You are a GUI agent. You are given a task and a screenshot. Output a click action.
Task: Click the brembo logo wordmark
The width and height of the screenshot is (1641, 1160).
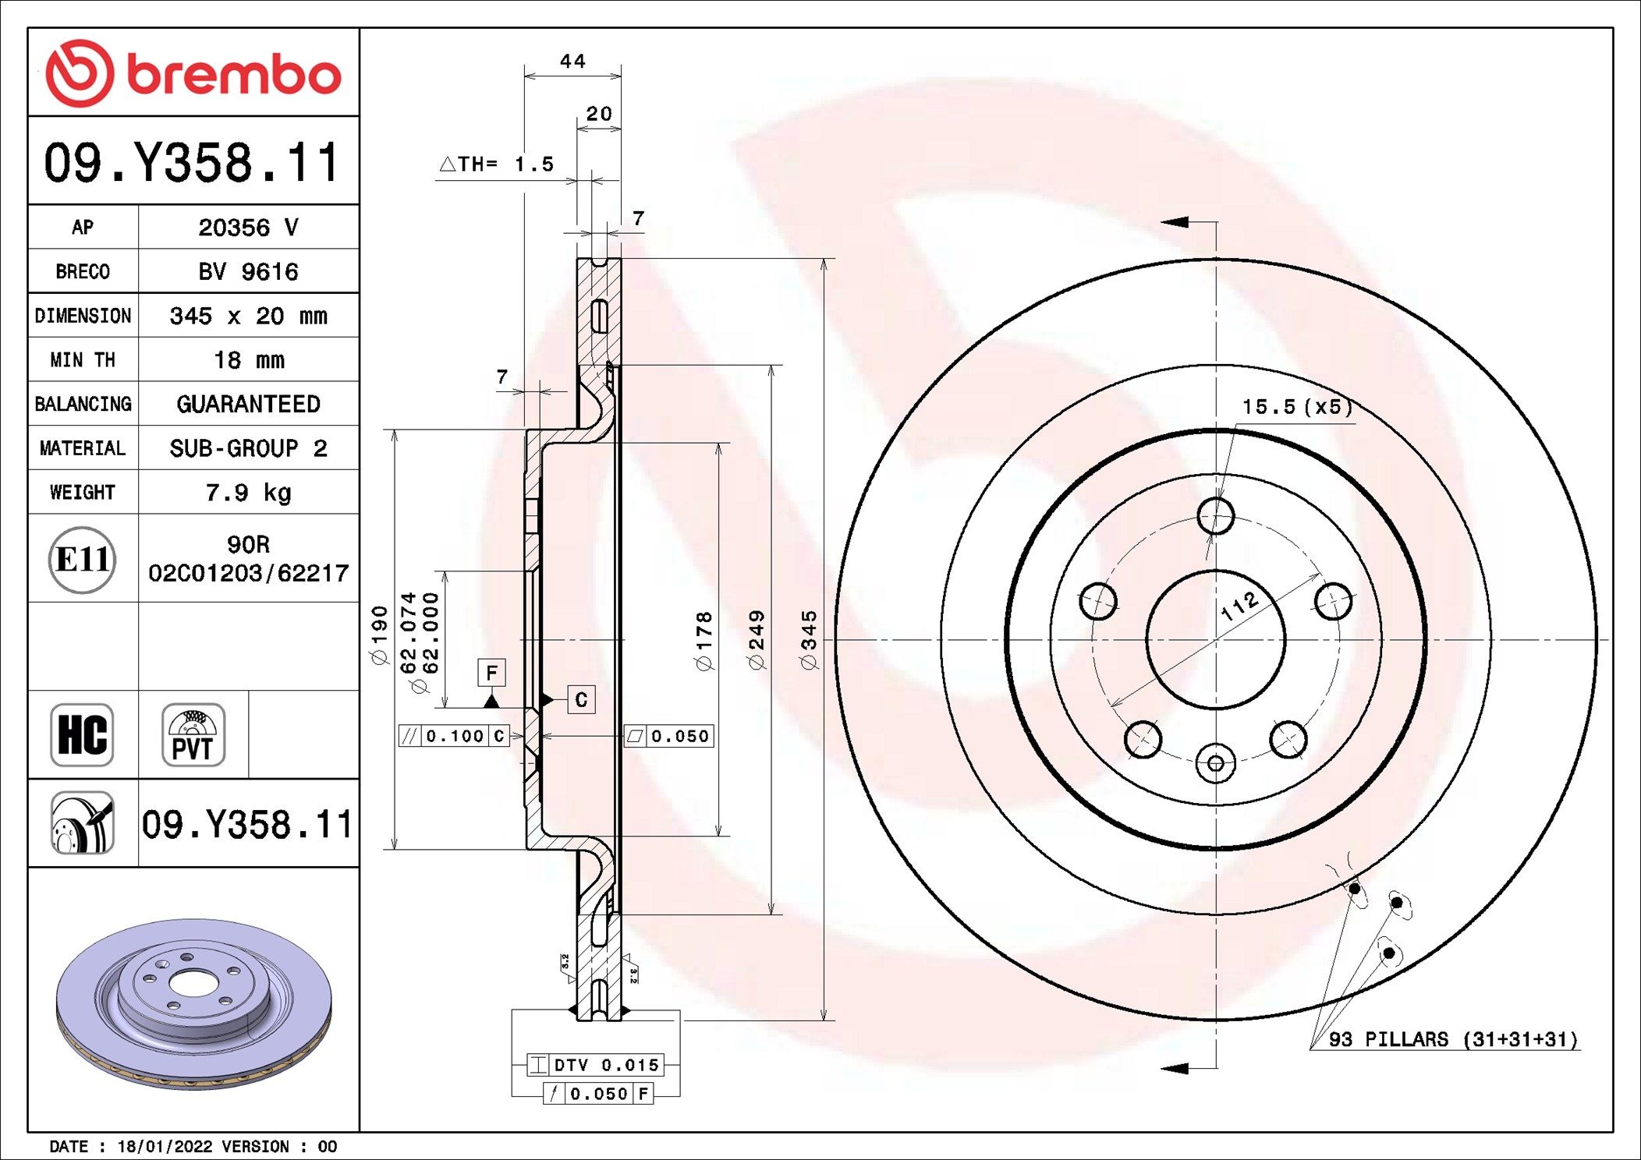pos(234,75)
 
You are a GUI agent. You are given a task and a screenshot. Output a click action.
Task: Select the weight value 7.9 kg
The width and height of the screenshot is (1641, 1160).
pos(248,492)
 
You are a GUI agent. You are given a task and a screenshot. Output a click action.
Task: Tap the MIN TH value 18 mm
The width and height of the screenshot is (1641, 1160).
pos(249,359)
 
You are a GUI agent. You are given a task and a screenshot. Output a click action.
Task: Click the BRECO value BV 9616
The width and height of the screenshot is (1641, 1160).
pos(248,271)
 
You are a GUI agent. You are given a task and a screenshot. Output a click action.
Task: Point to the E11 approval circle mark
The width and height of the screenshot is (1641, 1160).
pos(82,559)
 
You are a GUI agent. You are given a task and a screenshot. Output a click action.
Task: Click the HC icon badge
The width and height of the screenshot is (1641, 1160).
pos(82,734)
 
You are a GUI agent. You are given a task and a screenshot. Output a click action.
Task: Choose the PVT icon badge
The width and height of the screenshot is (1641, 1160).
pos(193,734)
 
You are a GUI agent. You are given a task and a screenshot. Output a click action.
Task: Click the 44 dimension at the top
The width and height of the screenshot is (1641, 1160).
pos(572,61)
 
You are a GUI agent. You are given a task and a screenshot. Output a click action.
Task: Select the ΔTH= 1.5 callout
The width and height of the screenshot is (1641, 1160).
pos(497,164)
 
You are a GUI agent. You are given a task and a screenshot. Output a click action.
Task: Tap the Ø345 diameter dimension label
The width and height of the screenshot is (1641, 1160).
pos(809,640)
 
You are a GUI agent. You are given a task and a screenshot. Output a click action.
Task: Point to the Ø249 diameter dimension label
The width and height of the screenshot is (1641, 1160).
pos(756,640)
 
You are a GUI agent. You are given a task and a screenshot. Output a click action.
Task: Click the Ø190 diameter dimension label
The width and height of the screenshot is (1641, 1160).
pos(379,635)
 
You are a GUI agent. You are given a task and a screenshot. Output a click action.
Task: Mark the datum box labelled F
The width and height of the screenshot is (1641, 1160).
pos(491,672)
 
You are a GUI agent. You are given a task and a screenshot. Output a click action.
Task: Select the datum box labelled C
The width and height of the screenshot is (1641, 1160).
pos(581,699)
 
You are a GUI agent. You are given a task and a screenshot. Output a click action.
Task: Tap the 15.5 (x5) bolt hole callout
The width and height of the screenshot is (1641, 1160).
pos(1297,406)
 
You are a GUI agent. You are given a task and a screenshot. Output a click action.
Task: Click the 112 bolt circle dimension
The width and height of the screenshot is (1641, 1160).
pos(1239,606)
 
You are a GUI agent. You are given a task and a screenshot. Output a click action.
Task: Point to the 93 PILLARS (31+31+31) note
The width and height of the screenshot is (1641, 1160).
pos(1453,1039)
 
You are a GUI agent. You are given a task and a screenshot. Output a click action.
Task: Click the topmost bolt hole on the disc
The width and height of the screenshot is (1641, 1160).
pos(1216,515)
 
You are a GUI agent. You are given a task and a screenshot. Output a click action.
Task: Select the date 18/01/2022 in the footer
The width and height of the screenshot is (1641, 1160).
pos(165,1146)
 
